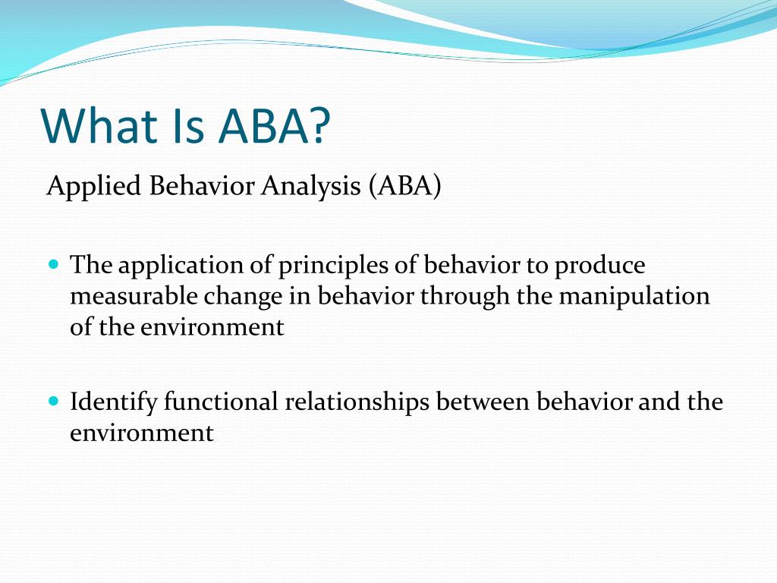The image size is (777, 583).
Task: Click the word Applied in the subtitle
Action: (x=93, y=188)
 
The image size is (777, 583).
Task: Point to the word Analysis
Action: (x=310, y=188)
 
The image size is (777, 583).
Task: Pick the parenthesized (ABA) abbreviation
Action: (x=405, y=187)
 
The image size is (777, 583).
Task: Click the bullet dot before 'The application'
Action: (x=54, y=263)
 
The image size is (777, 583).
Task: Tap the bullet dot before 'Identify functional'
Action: (x=54, y=400)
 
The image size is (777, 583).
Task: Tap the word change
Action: (x=243, y=298)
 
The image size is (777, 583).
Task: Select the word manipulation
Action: (x=634, y=298)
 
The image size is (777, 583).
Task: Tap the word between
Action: (x=483, y=401)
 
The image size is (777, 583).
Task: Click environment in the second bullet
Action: (x=142, y=433)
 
